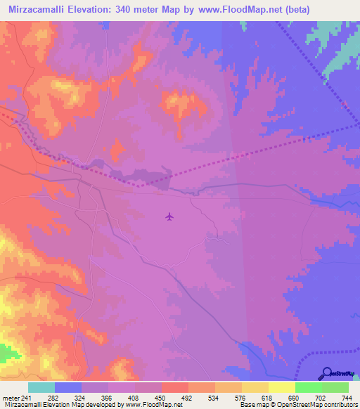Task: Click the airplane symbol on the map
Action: [x=169, y=216]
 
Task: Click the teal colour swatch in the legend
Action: [x=41, y=387]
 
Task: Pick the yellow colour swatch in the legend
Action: [x=255, y=387]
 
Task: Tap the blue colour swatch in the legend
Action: [x=68, y=387]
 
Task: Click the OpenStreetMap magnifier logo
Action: [x=327, y=373]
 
